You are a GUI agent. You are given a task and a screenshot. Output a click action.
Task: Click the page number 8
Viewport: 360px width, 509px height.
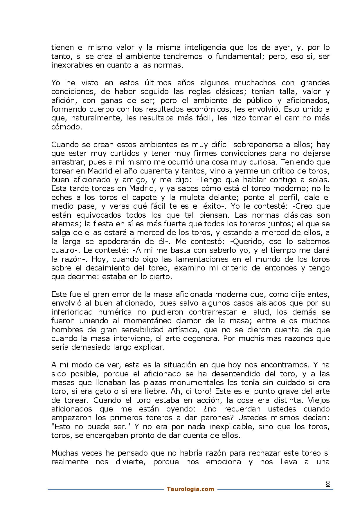click(x=328, y=484)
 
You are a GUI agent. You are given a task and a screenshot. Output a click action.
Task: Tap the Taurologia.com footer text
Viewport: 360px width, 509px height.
click(x=190, y=489)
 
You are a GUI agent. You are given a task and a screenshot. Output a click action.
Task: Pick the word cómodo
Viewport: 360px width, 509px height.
click(x=65, y=127)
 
